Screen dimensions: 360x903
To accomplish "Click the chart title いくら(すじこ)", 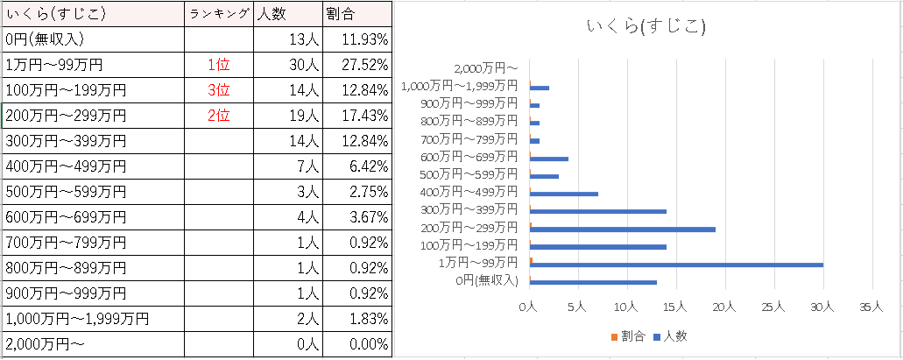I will [646, 27].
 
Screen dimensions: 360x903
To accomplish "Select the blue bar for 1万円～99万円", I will [677, 264].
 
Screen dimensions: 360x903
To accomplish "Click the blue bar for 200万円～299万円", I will [624, 229].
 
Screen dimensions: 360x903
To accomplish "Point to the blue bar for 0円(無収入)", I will [594, 282].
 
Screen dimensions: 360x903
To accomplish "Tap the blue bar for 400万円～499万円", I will [565, 194].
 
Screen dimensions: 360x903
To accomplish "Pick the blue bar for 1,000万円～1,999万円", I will [540, 88].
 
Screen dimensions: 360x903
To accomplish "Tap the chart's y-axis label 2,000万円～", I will [488, 67].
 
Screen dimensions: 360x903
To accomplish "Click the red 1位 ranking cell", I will [219, 64].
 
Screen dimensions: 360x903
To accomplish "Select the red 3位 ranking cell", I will [219, 89].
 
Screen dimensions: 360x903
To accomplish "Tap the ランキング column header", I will [219, 13].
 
